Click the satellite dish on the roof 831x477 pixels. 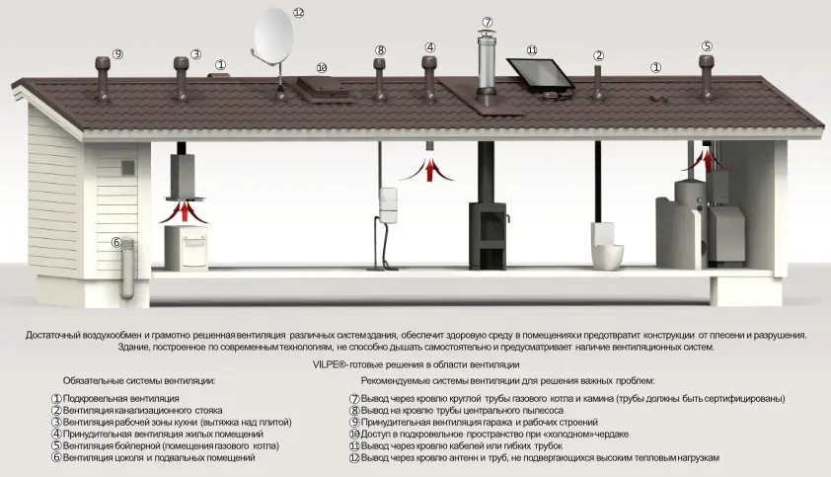pyautogui.click(x=273, y=40)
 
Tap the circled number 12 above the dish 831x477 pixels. pyautogui.click(x=299, y=13)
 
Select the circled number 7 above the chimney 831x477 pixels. pyautogui.click(x=487, y=22)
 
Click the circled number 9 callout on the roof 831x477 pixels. pyautogui.click(x=117, y=53)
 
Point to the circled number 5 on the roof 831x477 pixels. pyautogui.click(x=707, y=45)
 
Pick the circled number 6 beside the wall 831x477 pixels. pyautogui.click(x=115, y=242)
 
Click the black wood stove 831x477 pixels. pyautogui.click(x=488, y=236)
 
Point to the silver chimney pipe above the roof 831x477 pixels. pyautogui.click(x=487, y=65)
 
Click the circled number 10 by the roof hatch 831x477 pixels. pyautogui.click(x=322, y=68)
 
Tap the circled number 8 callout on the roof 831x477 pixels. pyautogui.click(x=380, y=49)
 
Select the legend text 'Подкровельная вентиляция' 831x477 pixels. pyautogui.click(x=118, y=398)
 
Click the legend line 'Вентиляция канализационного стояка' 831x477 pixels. pyautogui.click(x=142, y=410)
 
